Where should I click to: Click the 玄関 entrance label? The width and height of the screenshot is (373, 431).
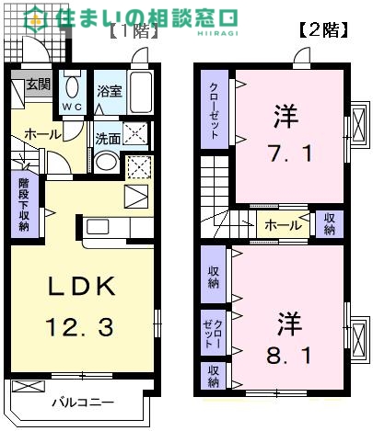click(x=39, y=85)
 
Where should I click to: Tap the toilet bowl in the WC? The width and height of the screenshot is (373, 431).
click(x=72, y=85)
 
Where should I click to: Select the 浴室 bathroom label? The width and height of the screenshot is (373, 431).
click(x=110, y=92)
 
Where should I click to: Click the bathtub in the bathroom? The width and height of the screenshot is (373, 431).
click(x=140, y=92)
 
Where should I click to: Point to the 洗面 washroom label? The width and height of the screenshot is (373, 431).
click(x=107, y=139)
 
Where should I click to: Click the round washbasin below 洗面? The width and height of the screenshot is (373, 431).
click(x=106, y=162)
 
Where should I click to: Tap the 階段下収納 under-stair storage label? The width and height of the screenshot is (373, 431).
click(x=24, y=204)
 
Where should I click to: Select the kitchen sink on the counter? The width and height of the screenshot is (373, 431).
click(x=98, y=227)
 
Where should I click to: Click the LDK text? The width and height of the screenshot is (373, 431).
click(x=80, y=286)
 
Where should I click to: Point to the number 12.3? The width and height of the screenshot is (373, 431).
click(x=79, y=327)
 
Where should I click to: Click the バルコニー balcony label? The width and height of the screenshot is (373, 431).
click(x=83, y=402)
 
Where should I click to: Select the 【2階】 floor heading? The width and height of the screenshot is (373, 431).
click(x=323, y=30)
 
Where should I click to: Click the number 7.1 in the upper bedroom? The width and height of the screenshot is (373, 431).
click(x=289, y=153)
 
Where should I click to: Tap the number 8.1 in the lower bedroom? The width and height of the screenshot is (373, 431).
click(x=288, y=356)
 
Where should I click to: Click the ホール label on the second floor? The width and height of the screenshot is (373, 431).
click(x=283, y=226)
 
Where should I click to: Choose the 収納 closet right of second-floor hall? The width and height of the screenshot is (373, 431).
click(x=330, y=224)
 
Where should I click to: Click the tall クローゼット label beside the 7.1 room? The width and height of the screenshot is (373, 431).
click(x=215, y=110)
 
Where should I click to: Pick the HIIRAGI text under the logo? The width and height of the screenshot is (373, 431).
click(x=217, y=33)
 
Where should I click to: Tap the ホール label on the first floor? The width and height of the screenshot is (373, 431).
click(x=42, y=134)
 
